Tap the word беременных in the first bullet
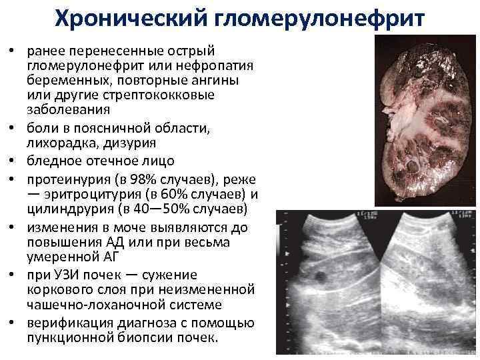[x=60, y=80]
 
